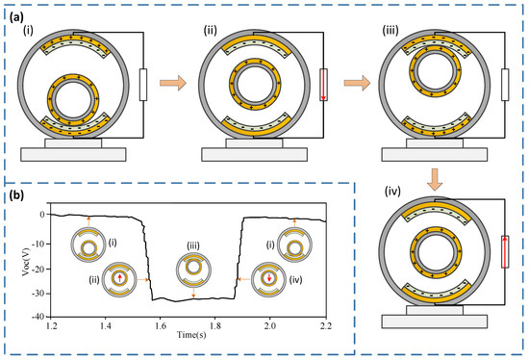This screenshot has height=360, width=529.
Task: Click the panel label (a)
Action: [x=16, y=17]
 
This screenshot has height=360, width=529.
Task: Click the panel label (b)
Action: [x=16, y=195]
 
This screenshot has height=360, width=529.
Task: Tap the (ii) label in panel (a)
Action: [x=211, y=31]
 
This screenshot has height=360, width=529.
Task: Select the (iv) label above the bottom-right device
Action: [x=392, y=192]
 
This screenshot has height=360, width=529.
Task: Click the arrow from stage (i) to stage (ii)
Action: [x=173, y=83]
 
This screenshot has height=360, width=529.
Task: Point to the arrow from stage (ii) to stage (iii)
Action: [x=357, y=83]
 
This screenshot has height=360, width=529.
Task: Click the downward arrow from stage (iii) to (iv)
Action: [x=435, y=179]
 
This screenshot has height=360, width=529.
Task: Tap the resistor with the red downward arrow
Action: [x=323, y=85]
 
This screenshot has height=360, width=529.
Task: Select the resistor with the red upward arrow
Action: [x=505, y=251]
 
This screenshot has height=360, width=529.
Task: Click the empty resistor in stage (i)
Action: [x=143, y=85]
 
